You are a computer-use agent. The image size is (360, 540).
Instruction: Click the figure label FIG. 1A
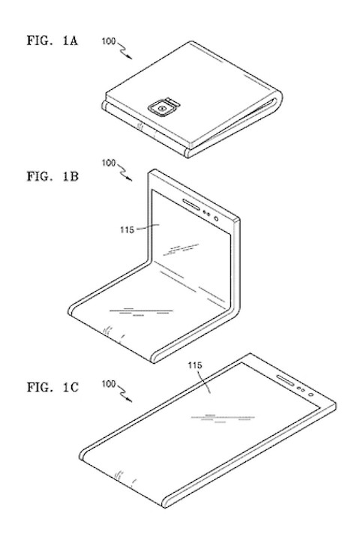(x=52, y=40)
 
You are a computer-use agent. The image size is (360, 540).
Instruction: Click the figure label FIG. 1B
(x=52, y=176)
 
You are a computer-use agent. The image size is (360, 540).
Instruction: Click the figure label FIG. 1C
(x=52, y=387)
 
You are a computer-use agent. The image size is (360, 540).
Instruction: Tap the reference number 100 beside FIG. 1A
(x=109, y=41)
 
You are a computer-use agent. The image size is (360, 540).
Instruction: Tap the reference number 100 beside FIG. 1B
(x=109, y=162)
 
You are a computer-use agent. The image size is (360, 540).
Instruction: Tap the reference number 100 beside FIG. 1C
(x=109, y=383)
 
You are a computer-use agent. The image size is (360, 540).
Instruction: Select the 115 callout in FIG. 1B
(x=127, y=229)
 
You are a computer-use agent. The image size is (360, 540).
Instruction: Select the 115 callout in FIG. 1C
(x=195, y=365)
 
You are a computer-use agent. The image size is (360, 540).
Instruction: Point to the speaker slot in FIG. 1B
(x=190, y=204)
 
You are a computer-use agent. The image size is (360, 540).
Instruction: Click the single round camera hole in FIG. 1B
(x=216, y=219)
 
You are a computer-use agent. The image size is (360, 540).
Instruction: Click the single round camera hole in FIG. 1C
(x=311, y=394)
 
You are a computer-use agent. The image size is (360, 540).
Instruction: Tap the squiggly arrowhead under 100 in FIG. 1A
(x=129, y=57)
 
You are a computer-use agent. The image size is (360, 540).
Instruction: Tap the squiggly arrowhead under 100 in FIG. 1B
(x=129, y=178)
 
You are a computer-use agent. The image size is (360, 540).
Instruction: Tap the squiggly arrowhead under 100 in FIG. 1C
(x=129, y=400)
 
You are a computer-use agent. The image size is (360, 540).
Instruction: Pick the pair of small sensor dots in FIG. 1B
(x=206, y=214)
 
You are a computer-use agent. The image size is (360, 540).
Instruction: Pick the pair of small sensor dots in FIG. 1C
(x=301, y=389)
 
